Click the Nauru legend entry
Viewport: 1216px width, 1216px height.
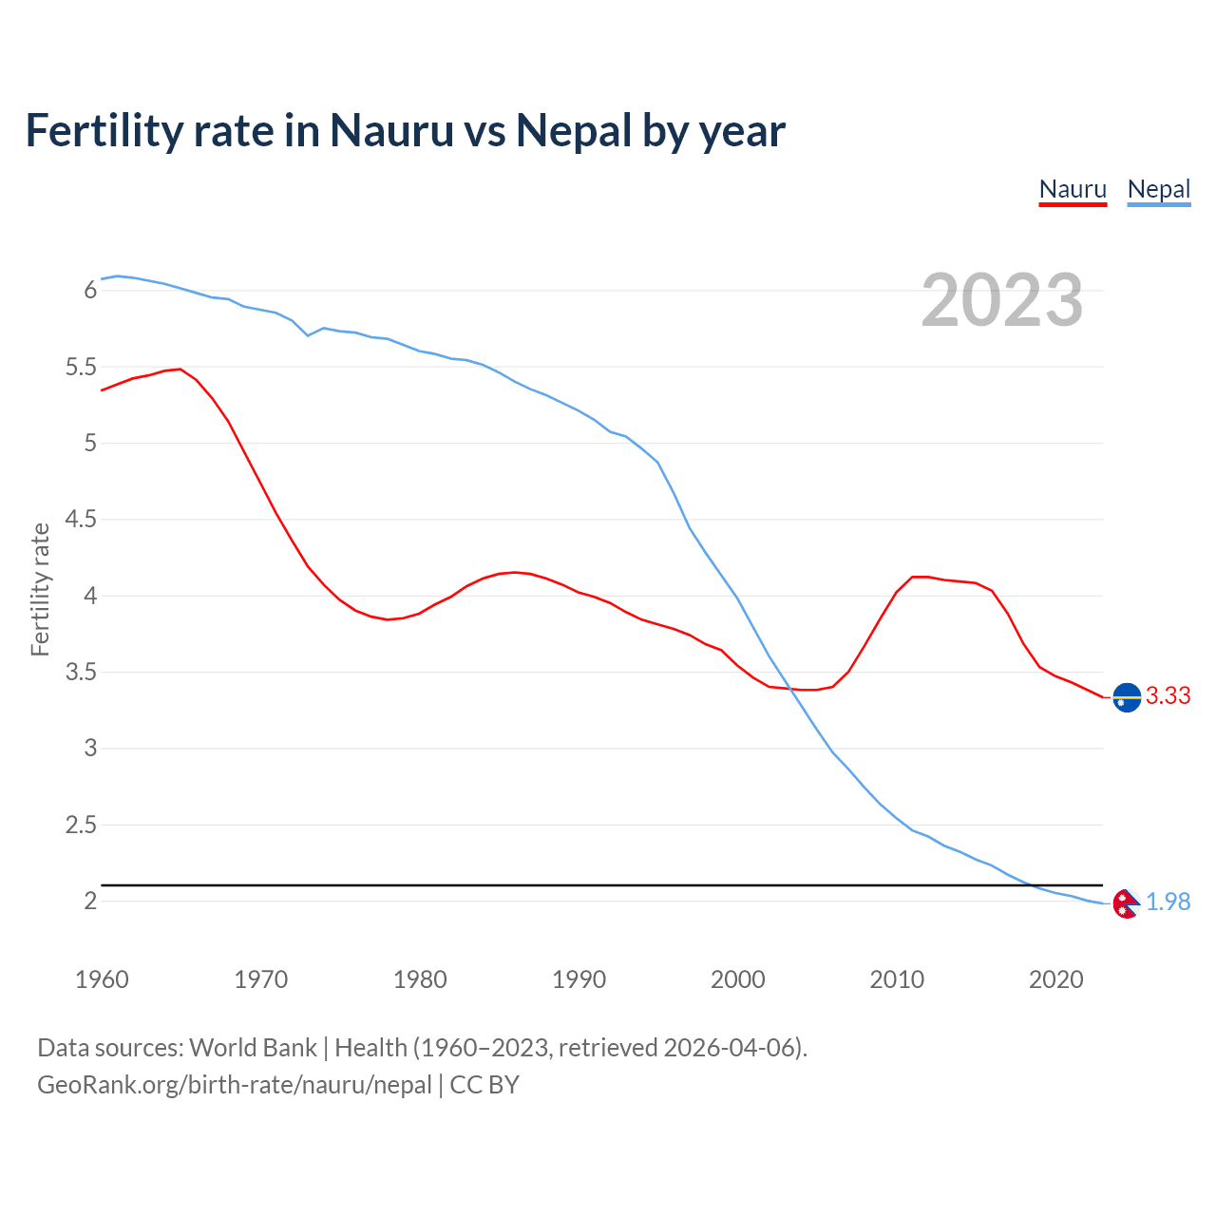coord(1073,189)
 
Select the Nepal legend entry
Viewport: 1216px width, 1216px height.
coord(1158,189)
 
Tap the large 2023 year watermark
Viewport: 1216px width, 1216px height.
coord(1001,300)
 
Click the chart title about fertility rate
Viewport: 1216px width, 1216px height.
coord(405,130)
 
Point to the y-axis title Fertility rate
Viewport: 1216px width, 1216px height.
coord(40,589)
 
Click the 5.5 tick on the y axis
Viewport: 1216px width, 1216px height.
coord(81,367)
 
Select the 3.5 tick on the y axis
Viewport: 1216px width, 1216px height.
coord(81,673)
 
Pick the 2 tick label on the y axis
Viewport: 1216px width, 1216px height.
coord(91,901)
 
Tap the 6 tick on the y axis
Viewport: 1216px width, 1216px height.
coord(91,290)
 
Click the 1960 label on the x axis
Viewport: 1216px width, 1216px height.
coord(102,979)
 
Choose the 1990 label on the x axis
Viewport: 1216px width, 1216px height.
coord(579,979)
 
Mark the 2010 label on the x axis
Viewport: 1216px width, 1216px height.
coord(896,979)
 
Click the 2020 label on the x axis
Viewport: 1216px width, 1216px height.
coord(1055,979)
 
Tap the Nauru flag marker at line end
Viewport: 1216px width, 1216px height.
coord(1127,697)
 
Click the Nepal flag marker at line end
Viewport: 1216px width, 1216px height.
coord(1126,903)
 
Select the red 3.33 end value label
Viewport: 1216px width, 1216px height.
coord(1168,696)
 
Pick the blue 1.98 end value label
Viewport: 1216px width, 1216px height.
coord(1168,902)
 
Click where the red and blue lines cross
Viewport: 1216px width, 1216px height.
coord(790,690)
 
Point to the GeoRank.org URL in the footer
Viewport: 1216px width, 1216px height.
coord(235,1085)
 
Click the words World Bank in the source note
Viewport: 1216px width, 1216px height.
coord(253,1048)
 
